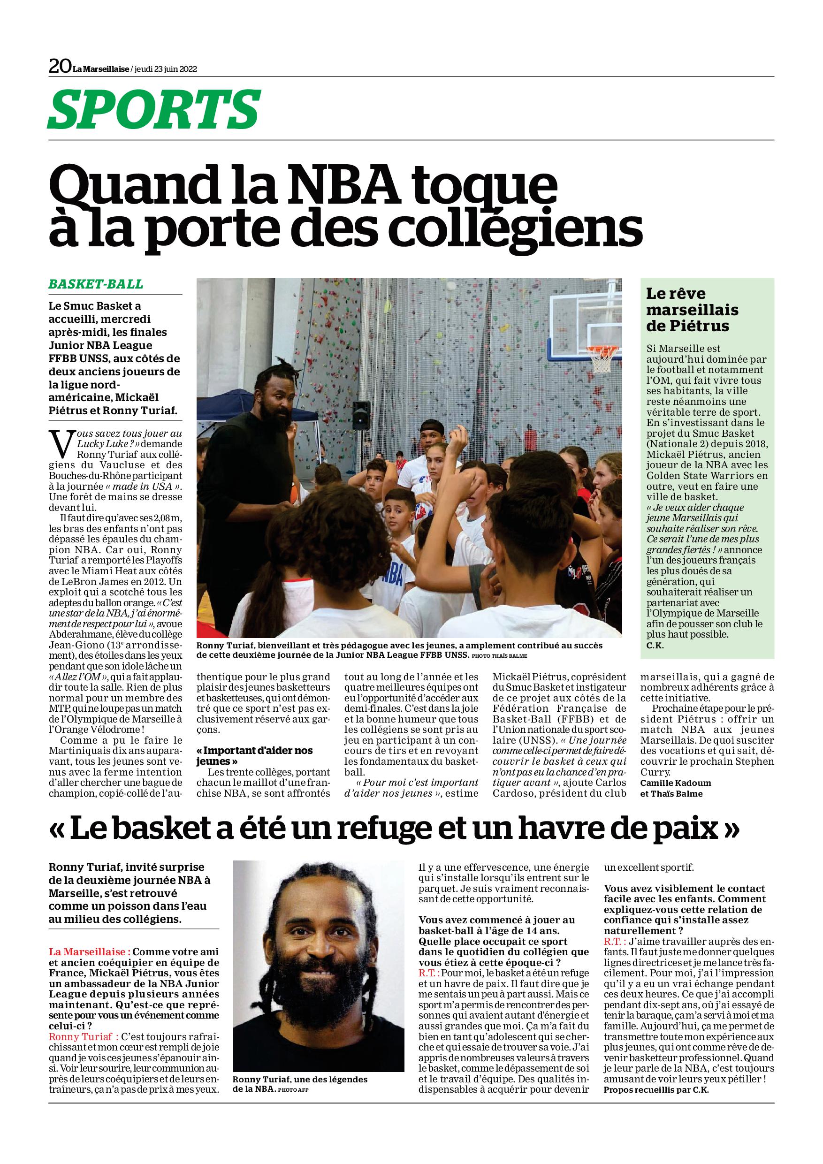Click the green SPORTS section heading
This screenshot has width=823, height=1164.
(x=153, y=109)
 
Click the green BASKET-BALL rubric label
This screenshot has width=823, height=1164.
(x=96, y=284)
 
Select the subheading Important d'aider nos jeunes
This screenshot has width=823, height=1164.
(x=254, y=755)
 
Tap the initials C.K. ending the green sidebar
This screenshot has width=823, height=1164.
(x=655, y=646)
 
